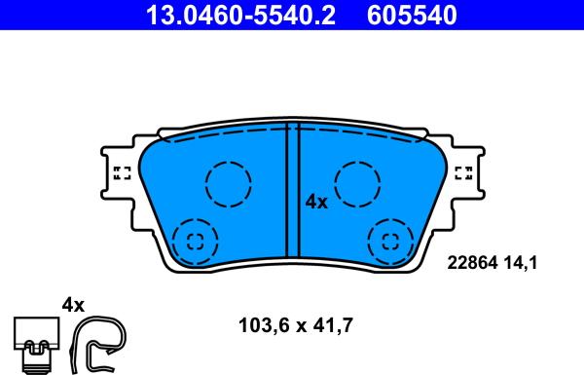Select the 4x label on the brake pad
tap(316, 202)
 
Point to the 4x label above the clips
tap(74, 305)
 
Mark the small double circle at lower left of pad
tap(193, 241)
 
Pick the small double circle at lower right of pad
tap(391, 241)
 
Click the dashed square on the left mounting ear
tap(123, 173)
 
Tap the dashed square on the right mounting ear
tap(463, 173)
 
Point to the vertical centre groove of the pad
tap(292, 195)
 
